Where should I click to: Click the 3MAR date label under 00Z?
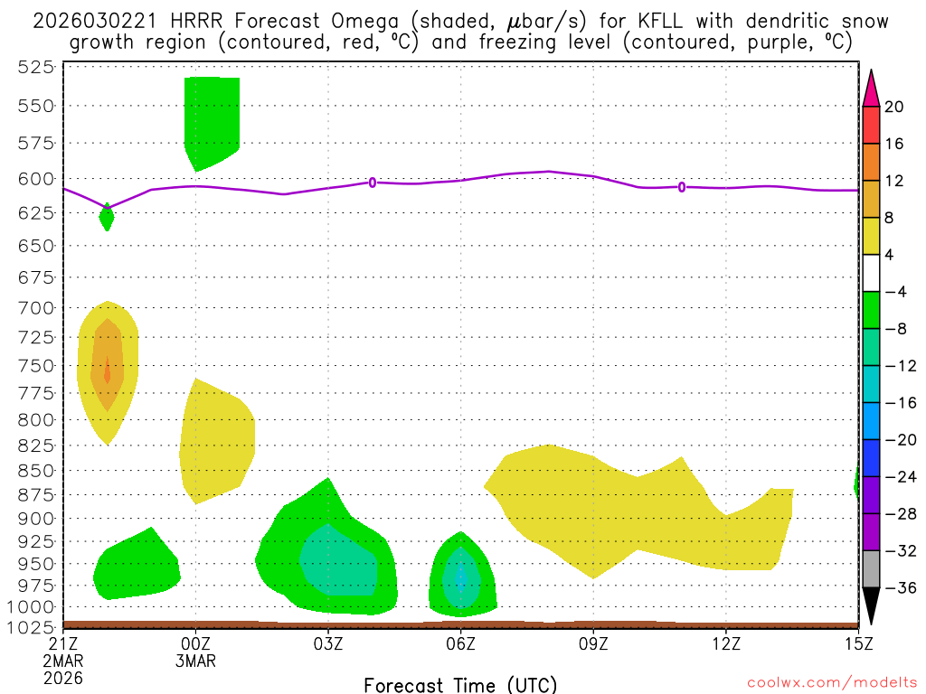tap(196, 660)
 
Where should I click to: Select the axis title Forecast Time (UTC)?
tap(460, 684)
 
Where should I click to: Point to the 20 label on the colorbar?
tap(894, 107)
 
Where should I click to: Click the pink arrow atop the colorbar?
tap(871, 88)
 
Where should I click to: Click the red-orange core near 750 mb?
tap(108, 370)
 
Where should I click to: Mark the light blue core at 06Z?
tap(461, 577)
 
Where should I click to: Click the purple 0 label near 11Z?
tap(682, 187)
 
